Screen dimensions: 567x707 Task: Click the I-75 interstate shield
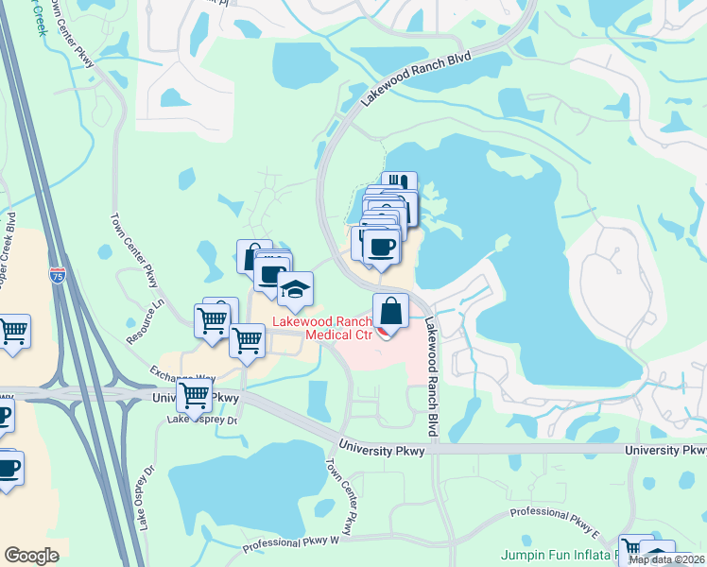[x=60, y=278]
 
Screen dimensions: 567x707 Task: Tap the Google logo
[x=31, y=556]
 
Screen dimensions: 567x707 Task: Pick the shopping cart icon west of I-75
[x=13, y=332]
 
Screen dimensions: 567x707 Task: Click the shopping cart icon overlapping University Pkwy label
[x=194, y=395]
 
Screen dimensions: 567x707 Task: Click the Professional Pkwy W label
[x=290, y=544]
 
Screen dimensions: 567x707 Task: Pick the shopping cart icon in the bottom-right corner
[x=632, y=548]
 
